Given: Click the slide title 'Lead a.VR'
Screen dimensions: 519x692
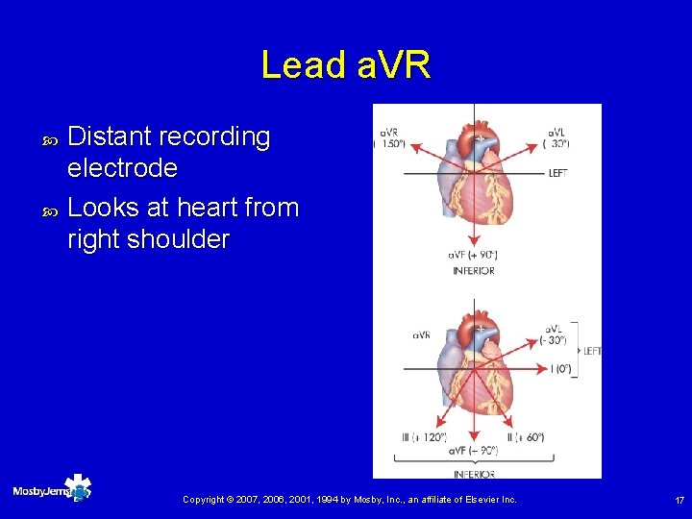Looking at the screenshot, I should pyautogui.click(x=346, y=65).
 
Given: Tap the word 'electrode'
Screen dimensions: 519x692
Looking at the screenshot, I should pyautogui.click(x=123, y=169).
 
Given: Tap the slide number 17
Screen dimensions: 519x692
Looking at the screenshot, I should pyautogui.click(x=679, y=500).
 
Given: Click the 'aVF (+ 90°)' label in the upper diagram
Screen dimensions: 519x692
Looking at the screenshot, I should pyautogui.click(x=472, y=255).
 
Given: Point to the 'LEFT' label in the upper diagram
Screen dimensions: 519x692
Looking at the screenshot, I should pyautogui.click(x=557, y=174).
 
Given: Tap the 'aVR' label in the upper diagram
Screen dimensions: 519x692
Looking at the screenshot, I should pyautogui.click(x=389, y=132).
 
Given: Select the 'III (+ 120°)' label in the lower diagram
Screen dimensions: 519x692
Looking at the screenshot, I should pyautogui.click(x=423, y=437).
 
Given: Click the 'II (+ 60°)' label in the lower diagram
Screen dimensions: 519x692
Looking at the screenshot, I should pyautogui.click(x=526, y=437).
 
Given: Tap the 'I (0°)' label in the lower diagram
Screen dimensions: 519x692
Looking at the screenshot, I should pyautogui.click(x=559, y=368).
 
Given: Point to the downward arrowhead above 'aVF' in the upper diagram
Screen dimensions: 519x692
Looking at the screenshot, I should pyautogui.click(x=472, y=241).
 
